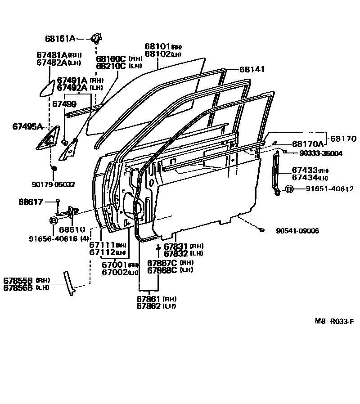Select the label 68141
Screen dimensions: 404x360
point(252,70)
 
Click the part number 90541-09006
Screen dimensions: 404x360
point(298,231)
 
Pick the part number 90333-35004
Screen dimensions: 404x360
point(320,153)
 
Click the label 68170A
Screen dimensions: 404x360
point(308,144)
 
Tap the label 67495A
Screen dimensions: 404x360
point(27,127)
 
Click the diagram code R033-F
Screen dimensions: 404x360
point(342,322)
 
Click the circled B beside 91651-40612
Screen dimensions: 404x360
point(289,189)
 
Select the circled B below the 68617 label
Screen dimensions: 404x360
point(53,220)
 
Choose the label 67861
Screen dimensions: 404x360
point(149,299)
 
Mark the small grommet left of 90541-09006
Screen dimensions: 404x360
point(262,231)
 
